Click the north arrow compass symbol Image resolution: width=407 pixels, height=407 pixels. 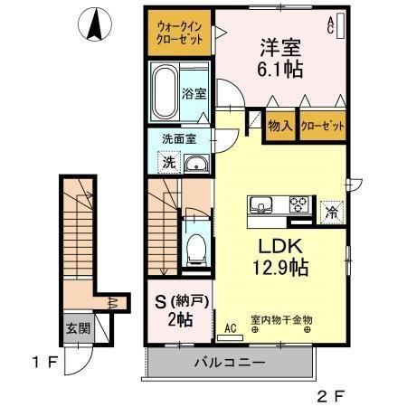point(93,24)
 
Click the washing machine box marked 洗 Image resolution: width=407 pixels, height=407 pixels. point(168,163)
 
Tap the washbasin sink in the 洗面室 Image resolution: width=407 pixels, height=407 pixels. point(196,164)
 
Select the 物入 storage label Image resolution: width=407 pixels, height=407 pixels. point(279,127)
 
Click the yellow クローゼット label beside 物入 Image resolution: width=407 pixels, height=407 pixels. point(323,127)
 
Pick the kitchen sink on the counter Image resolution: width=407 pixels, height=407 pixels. point(263,204)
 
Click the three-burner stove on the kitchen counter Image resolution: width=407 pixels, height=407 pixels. point(299,203)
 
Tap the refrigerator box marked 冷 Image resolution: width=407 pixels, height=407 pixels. point(332,213)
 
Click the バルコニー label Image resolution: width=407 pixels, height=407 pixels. point(229,363)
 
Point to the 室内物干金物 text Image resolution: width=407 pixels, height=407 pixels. point(281,319)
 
